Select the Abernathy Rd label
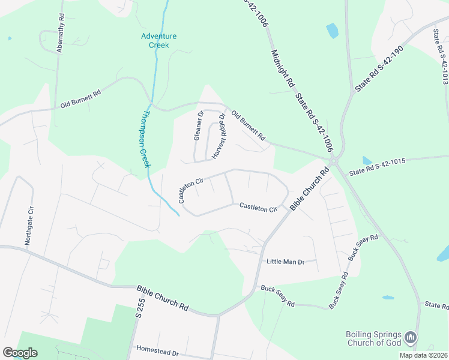pyautogui.click(x=60, y=34)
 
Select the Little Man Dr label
pyautogui.click(x=285, y=262)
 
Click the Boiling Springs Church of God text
pyautogui.click(x=373, y=339)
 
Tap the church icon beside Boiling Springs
pyautogui.click(x=411, y=338)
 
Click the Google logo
pyautogui.click(x=20, y=353)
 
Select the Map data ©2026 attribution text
pyautogui.click(x=423, y=355)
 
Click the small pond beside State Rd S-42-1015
pyautogui.click(x=367, y=160)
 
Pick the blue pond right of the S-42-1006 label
pyautogui.click(x=332, y=30)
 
